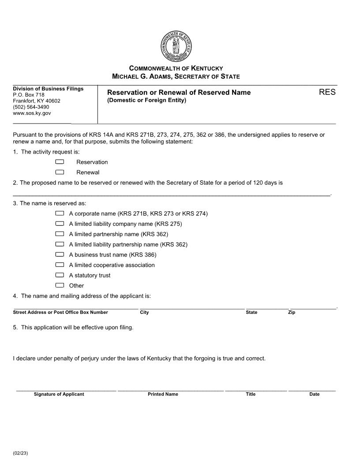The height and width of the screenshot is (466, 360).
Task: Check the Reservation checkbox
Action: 60,162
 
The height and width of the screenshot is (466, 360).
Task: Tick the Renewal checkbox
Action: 60,172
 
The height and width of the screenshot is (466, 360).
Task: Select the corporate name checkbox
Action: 60,214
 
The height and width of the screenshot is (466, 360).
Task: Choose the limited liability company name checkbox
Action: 60,224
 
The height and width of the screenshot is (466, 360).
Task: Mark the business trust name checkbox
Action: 60,255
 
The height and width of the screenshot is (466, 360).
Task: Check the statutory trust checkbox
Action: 60,275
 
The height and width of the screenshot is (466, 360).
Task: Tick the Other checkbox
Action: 60,285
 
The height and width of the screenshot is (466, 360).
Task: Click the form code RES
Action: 327,92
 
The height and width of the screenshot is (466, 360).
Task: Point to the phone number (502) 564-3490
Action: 31,107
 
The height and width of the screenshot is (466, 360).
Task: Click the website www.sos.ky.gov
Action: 32,113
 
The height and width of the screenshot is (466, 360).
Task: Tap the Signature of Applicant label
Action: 59,394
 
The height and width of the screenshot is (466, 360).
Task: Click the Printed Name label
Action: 163,394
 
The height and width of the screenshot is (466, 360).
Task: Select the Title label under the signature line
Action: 251,394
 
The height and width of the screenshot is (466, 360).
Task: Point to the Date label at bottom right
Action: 314,394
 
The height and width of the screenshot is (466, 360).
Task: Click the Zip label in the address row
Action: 292,312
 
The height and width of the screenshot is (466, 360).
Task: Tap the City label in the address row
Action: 144,312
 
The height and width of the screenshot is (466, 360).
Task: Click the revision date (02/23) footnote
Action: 20,453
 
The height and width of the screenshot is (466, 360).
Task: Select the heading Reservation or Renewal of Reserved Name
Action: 179,92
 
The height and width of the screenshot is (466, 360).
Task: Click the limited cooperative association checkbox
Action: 60,265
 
